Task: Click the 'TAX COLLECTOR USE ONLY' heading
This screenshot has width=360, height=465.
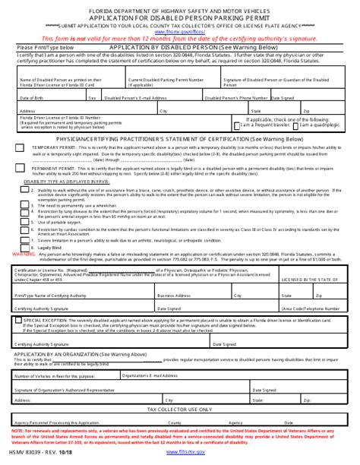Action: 180,408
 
